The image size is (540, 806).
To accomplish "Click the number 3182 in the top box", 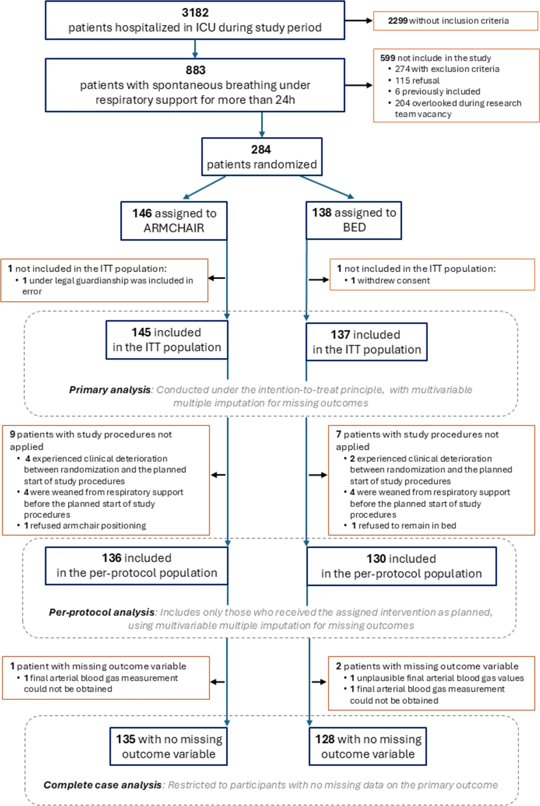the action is click(195, 13).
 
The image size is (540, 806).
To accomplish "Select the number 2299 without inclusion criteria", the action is click(398, 21).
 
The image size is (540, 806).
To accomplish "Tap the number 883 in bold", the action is click(196, 70).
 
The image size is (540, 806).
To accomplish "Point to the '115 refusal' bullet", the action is click(417, 81).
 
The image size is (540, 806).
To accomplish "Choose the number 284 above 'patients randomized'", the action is click(261, 150).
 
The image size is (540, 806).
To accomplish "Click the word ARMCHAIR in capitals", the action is click(174, 228).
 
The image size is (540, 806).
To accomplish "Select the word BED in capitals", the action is click(354, 227).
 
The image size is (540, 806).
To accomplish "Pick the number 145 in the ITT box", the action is click(141, 333).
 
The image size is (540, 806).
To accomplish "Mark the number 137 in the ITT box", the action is click(341, 335).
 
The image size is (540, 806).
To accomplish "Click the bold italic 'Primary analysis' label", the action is click(110, 390).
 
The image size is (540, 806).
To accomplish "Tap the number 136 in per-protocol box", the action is click(112, 558).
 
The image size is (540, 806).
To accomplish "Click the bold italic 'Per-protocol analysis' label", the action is click(101, 612).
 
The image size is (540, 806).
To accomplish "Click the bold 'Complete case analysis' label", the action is click(102, 785).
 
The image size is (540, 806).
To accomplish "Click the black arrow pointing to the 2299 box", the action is click(359, 21).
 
